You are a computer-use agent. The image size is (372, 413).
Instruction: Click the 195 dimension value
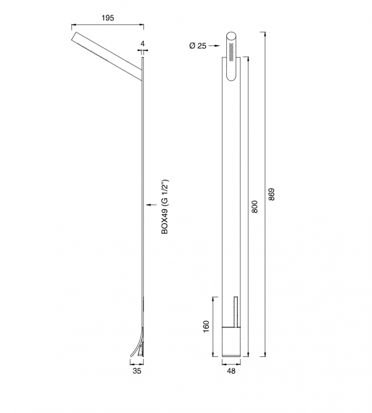click(108, 18)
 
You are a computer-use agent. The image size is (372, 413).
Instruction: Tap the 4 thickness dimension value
click(142, 43)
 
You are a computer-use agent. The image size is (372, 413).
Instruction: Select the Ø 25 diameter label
click(198, 46)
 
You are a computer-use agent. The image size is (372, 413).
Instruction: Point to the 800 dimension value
click(255, 207)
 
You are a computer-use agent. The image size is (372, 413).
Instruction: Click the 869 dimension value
click(272, 194)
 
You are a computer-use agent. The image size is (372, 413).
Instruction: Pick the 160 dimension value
click(206, 326)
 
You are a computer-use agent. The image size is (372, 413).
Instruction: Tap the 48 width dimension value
click(231, 371)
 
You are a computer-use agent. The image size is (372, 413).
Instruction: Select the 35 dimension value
click(137, 371)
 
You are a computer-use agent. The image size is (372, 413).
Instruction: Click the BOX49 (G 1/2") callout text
click(165, 207)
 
